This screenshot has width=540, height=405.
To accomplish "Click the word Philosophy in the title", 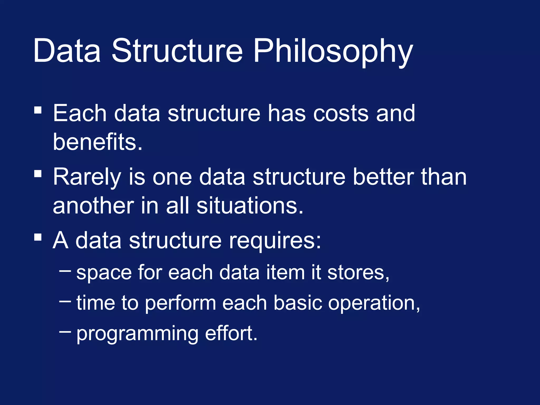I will [x=333, y=51].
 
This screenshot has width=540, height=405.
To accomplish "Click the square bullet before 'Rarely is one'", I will [x=38, y=173].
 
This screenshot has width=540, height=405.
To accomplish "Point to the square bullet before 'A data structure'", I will [x=38, y=237].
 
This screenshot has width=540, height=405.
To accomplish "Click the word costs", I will [x=341, y=113].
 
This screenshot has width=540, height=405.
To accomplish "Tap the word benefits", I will [x=98, y=142].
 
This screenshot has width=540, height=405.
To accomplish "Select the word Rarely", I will [x=87, y=177].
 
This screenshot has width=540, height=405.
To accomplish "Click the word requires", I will [x=275, y=240].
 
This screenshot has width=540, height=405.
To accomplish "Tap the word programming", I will [x=137, y=334].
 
